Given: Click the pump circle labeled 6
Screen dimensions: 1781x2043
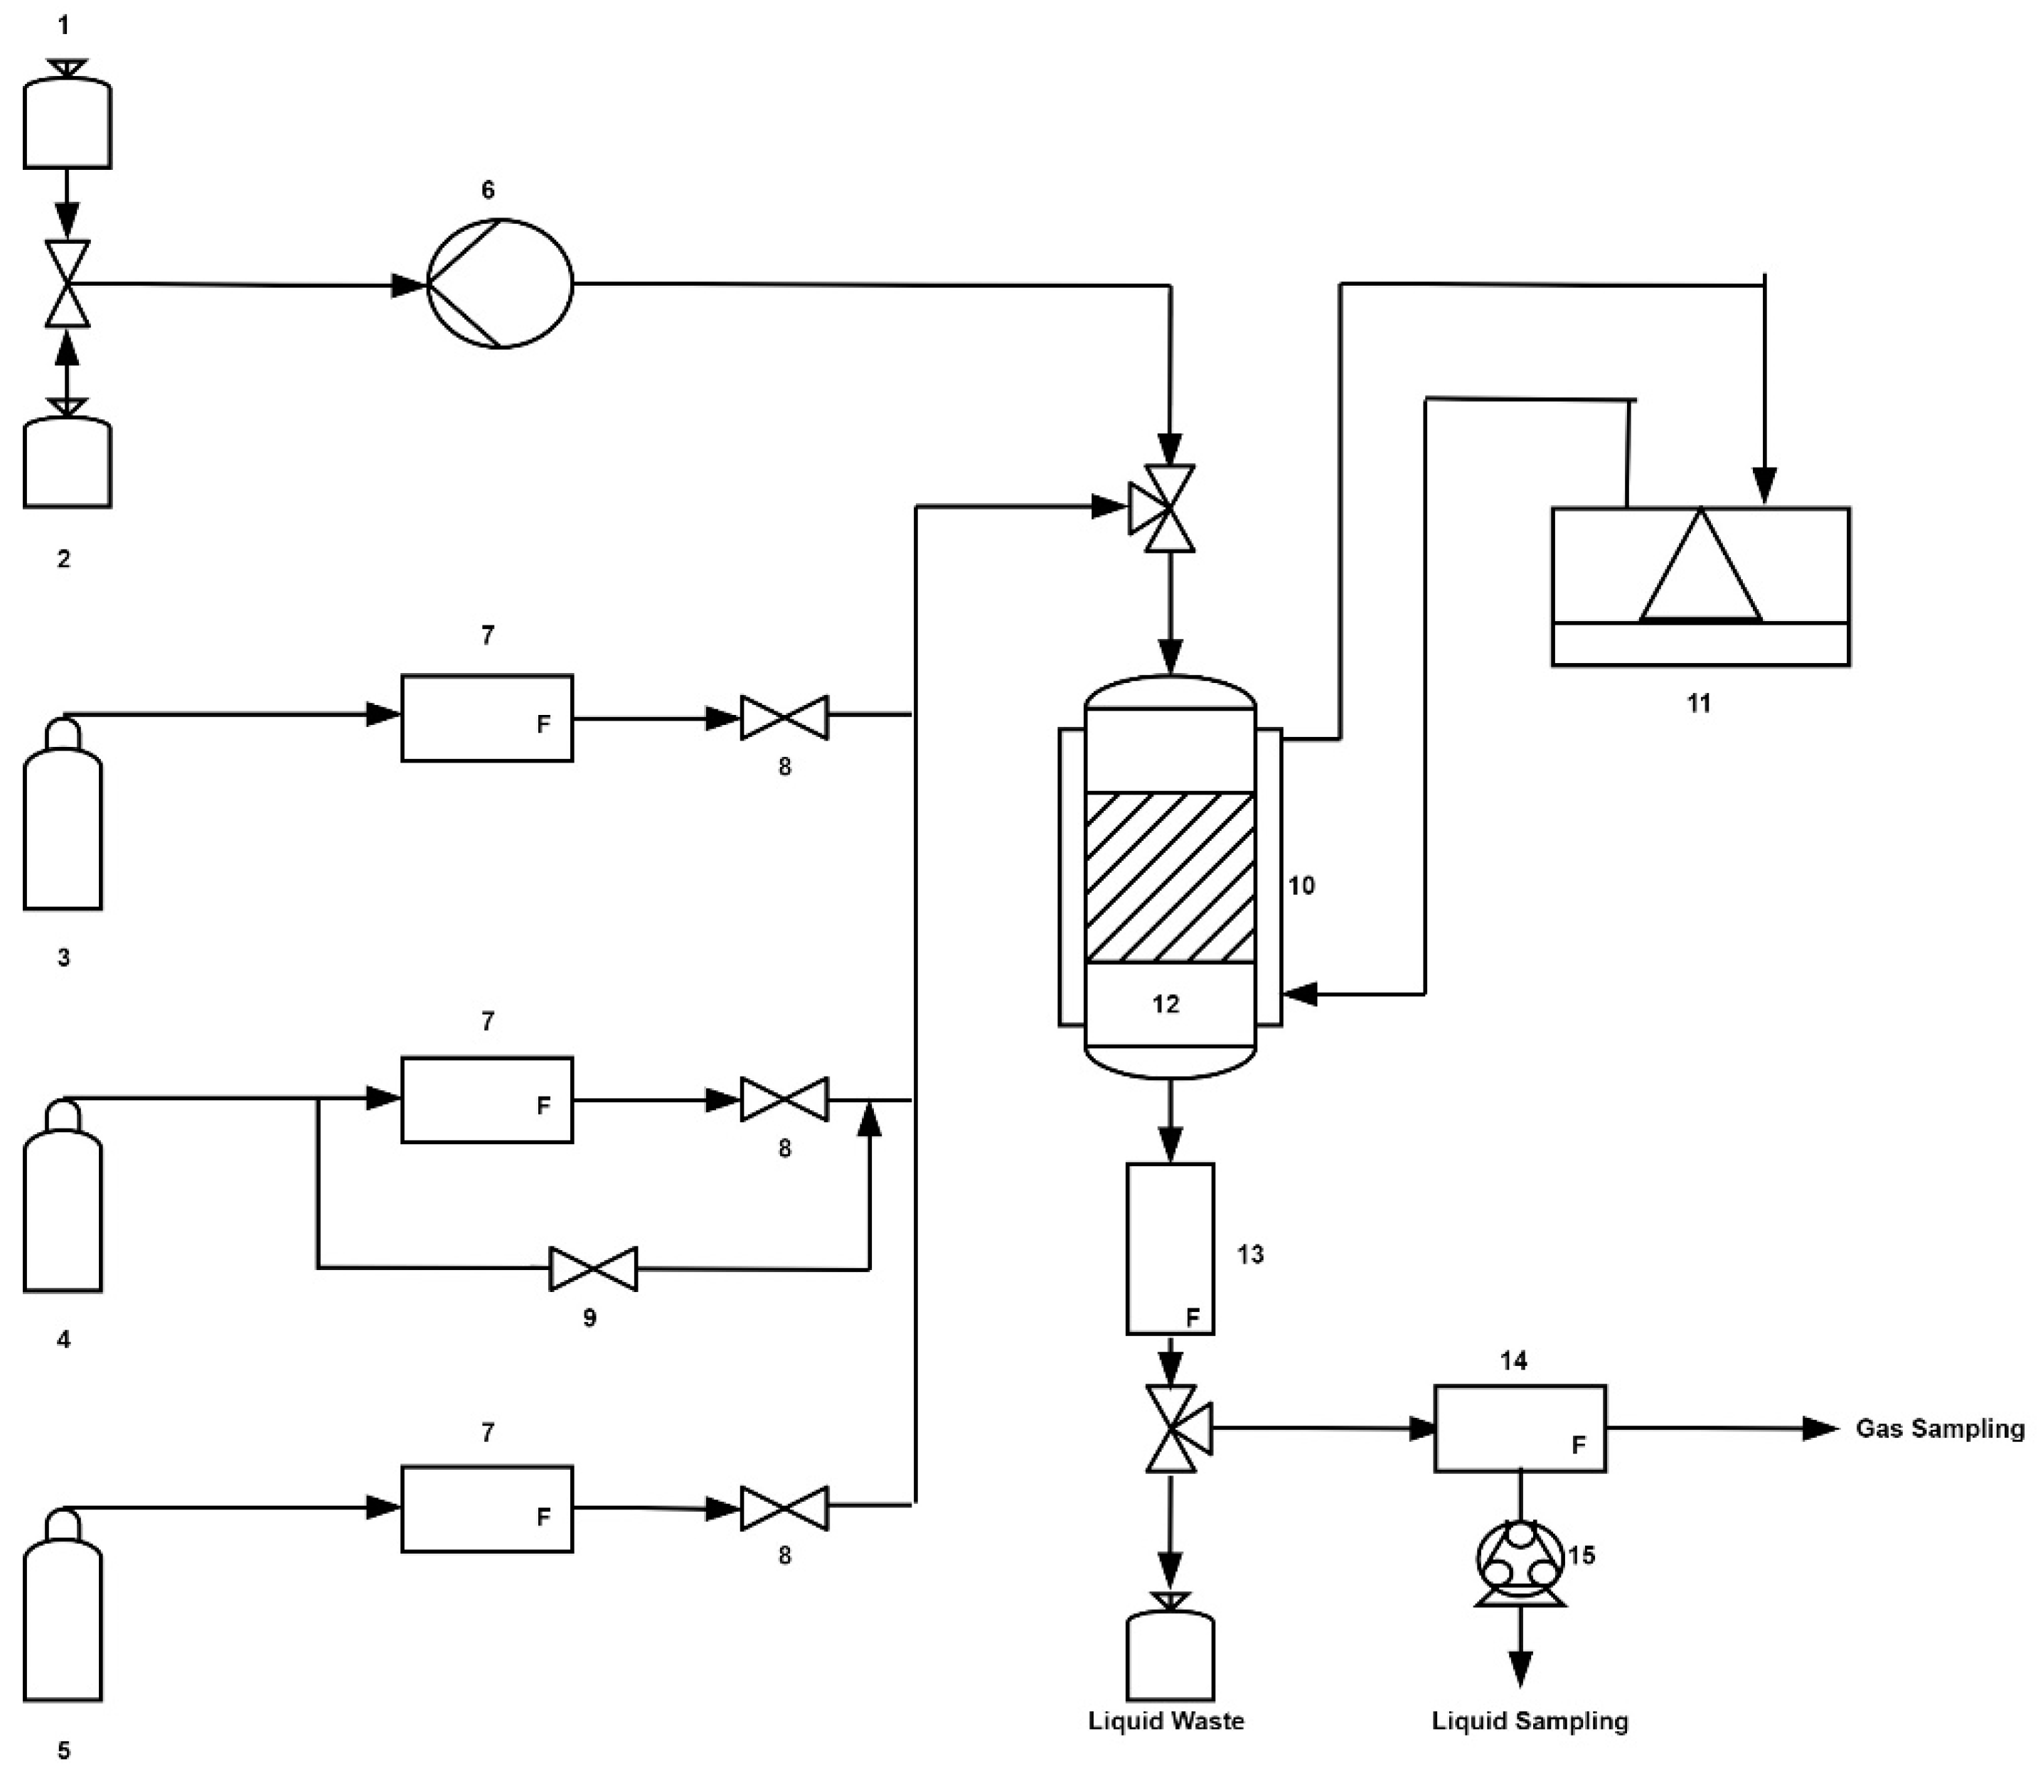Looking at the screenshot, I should tap(499, 284).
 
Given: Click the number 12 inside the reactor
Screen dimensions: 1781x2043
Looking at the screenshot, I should tap(1165, 1004).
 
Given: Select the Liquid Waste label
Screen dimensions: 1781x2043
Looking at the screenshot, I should tap(1165, 1721).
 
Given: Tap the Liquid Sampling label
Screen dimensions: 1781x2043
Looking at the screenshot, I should tap(1529, 1721).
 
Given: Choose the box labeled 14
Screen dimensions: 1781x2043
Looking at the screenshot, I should tap(1519, 1428).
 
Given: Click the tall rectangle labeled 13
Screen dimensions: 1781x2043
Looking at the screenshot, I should tap(1169, 1248).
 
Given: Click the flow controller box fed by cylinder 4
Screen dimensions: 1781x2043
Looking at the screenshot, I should tap(486, 1099).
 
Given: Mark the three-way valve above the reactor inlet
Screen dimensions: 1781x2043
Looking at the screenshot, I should tap(1163, 508).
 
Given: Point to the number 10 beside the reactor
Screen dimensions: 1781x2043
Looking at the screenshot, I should tap(1301, 886).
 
